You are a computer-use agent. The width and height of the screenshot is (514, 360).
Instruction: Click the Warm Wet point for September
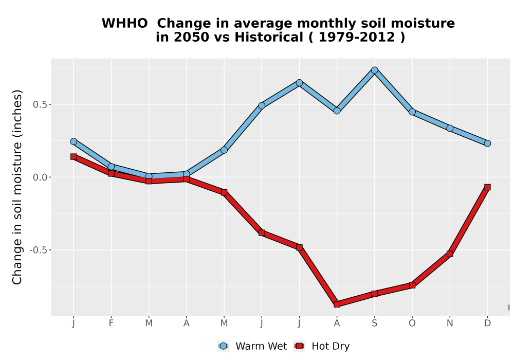tap(375, 70)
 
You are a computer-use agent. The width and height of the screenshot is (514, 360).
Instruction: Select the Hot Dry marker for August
tap(337, 304)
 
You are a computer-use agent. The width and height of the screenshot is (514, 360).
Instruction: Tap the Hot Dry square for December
tap(487, 187)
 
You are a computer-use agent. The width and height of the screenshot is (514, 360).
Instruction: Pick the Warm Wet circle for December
tap(487, 143)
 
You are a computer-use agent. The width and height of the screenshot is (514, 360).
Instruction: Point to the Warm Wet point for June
tap(262, 105)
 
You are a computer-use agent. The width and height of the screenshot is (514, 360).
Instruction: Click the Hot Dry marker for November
tap(450, 254)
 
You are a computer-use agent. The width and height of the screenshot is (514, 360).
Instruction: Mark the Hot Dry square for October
tap(412, 285)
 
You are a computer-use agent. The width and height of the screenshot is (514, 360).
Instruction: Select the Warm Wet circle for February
tap(111, 167)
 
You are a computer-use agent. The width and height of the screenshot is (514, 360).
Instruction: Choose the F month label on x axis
tap(111, 323)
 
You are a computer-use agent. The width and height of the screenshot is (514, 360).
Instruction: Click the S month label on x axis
tap(375, 323)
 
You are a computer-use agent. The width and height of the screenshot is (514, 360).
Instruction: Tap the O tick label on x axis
tap(412, 323)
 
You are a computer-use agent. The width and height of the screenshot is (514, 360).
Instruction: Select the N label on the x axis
tap(450, 323)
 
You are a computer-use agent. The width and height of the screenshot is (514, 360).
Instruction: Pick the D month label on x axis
tap(487, 323)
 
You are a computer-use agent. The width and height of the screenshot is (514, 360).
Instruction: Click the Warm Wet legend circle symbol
tap(223, 346)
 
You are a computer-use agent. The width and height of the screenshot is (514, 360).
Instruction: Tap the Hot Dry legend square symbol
tap(299, 346)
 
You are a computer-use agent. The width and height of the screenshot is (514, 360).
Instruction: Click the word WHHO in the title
tap(124, 24)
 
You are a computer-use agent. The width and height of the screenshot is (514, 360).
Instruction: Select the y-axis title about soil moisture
tap(17, 187)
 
